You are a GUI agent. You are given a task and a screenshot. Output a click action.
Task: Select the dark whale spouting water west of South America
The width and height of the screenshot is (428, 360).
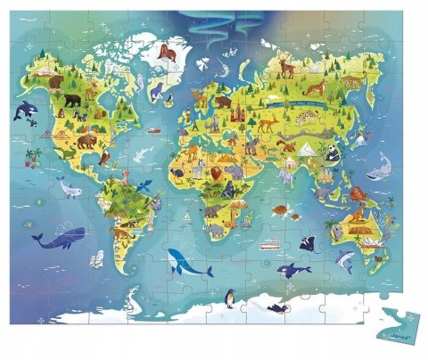58,236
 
